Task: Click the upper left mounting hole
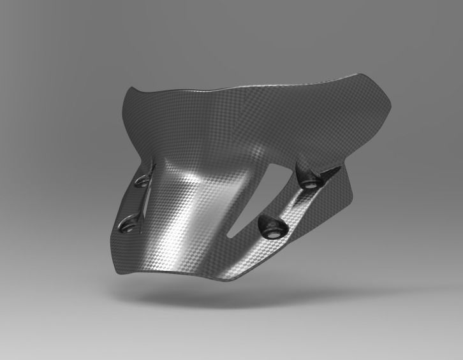143,181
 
